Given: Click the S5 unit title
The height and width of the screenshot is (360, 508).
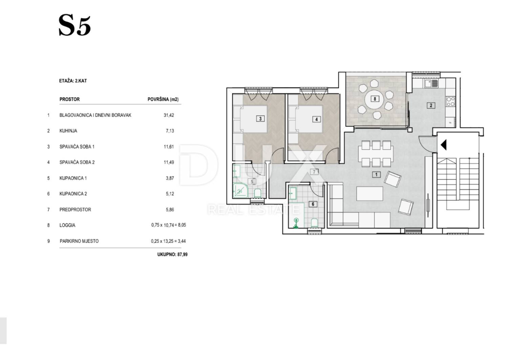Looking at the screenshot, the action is [75, 25].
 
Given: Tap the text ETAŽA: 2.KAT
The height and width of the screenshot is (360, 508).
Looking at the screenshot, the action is [73, 81].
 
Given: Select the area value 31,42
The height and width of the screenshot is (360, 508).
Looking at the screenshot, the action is [169, 115].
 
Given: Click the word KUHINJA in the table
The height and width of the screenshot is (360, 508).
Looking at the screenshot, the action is [68, 131].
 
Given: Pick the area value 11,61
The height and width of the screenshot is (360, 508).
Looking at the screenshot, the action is [169, 147].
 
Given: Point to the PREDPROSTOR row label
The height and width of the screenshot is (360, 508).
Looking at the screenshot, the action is [75, 209].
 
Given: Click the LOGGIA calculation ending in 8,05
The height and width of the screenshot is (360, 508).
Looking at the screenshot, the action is [169, 225].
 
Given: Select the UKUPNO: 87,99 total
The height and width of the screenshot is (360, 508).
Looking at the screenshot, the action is [172, 255].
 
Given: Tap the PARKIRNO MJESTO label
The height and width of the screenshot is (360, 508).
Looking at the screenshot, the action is [79, 241].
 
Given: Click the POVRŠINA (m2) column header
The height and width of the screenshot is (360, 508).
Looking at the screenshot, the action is [163, 99].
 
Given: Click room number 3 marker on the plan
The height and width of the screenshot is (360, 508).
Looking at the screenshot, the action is [260, 119].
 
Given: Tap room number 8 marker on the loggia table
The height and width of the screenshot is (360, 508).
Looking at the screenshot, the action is [375, 99].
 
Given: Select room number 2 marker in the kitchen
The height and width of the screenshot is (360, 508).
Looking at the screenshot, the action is [431, 105].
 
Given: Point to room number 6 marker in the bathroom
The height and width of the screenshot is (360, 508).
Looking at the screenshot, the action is [313, 204].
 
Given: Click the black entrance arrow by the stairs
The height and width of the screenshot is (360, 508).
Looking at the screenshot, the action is [444, 145].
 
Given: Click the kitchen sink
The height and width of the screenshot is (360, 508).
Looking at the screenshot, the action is [431, 83].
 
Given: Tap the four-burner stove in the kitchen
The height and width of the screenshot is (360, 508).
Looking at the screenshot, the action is [450, 101].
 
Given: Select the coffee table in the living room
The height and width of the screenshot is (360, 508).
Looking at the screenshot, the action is [370, 194].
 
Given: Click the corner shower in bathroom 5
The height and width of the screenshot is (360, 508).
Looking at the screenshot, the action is [240, 191].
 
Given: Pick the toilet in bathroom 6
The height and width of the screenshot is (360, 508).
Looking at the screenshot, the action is [314, 223].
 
